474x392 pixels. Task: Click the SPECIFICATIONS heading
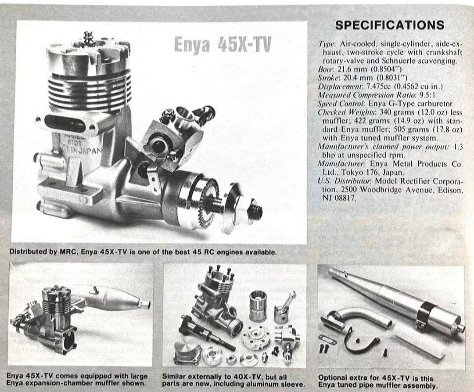point(390,25)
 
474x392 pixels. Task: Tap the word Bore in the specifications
point(325,69)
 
